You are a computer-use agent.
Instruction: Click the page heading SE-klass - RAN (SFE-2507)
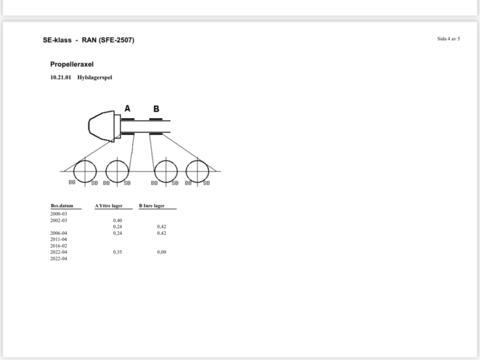point(89,40)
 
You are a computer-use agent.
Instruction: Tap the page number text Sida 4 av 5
point(449,38)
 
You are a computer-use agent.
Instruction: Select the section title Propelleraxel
point(72,65)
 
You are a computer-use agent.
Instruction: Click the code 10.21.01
point(61,77)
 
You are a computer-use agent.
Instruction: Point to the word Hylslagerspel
point(94,77)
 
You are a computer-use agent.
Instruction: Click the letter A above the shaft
point(127,108)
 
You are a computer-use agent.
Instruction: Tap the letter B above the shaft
point(156,109)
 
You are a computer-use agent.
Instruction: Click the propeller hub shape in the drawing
point(101,126)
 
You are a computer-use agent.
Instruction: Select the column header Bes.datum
point(62,206)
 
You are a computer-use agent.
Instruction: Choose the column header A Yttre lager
point(109,206)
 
